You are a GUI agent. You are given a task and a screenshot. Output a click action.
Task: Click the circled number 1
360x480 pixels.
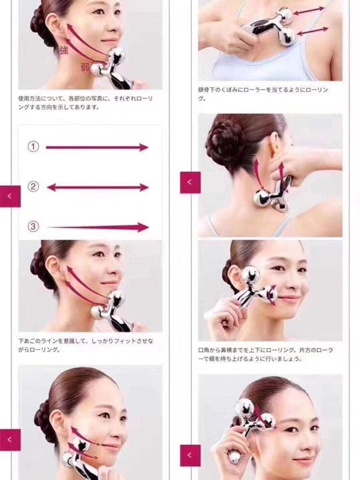coord(33,147)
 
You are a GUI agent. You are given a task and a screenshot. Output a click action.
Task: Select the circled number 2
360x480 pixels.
coord(33,187)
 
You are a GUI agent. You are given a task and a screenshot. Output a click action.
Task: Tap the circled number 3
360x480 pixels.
coord(33,227)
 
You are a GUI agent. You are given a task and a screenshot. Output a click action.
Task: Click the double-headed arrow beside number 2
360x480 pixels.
coord(98,187)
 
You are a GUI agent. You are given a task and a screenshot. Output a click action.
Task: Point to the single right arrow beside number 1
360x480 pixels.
coord(97,147)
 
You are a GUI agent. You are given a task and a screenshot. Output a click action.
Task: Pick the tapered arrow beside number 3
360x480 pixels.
coord(99,227)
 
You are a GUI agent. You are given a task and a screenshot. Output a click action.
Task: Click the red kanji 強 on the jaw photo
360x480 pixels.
coord(63,50)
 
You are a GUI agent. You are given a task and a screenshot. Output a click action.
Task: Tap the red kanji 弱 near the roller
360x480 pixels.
coord(85,67)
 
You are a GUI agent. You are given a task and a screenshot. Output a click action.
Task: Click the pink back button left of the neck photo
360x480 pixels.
coord(191,183)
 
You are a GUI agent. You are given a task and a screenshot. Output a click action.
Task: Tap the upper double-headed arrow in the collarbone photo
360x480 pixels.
coord(309,11)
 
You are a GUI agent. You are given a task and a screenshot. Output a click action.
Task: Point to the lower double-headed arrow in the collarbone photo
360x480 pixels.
coord(313,31)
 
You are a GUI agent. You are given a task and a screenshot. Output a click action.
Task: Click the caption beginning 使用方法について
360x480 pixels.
coord(85,103)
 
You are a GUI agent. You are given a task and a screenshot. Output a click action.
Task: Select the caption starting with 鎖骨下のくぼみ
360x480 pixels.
coord(263,94)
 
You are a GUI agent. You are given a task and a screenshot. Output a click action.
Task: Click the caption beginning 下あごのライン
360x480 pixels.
coord(86,345)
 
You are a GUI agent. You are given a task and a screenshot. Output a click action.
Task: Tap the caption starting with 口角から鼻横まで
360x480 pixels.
coord(265,354)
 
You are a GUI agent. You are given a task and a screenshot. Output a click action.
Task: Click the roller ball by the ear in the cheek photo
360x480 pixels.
coord(251,274)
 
